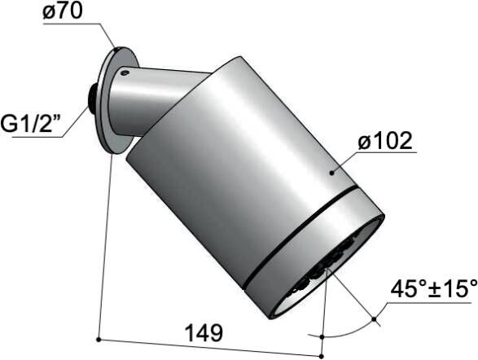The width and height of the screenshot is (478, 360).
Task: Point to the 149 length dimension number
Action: point(203,332)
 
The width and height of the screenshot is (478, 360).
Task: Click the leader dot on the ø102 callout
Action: point(331,172)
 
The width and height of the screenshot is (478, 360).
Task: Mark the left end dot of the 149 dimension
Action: point(98,338)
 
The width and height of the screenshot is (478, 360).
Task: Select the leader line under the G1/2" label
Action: point(41,139)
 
